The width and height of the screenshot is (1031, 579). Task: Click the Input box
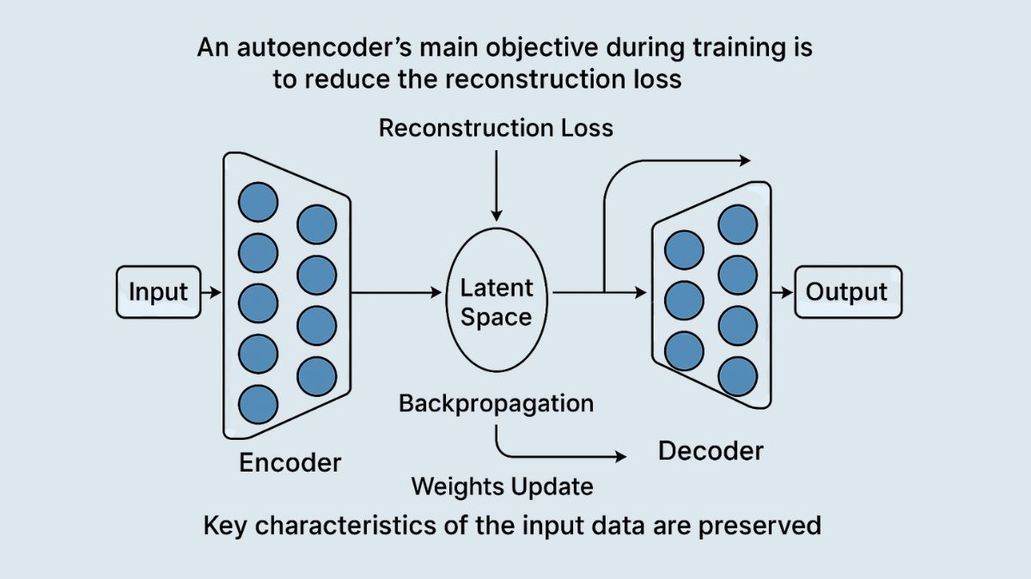[x=157, y=292]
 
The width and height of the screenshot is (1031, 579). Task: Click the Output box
[x=847, y=292]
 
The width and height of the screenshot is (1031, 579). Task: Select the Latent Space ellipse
[x=496, y=302]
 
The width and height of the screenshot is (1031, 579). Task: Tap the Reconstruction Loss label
[x=496, y=129]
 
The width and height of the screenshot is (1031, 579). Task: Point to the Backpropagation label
[x=496, y=403]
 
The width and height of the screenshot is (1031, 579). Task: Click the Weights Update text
[x=502, y=486]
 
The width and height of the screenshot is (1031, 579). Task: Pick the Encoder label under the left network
[x=290, y=462]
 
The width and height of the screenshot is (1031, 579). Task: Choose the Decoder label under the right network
[x=711, y=450]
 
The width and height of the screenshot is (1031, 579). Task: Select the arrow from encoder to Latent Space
[x=395, y=293]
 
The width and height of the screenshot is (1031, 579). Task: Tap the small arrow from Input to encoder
[x=210, y=293]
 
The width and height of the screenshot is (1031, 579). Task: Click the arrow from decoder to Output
[x=782, y=293]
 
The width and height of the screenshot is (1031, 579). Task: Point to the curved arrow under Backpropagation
[x=550, y=456]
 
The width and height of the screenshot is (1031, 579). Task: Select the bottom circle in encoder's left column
[x=258, y=403]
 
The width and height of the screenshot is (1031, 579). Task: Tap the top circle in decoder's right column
[x=738, y=225]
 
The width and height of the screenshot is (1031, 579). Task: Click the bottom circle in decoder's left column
[x=685, y=350]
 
